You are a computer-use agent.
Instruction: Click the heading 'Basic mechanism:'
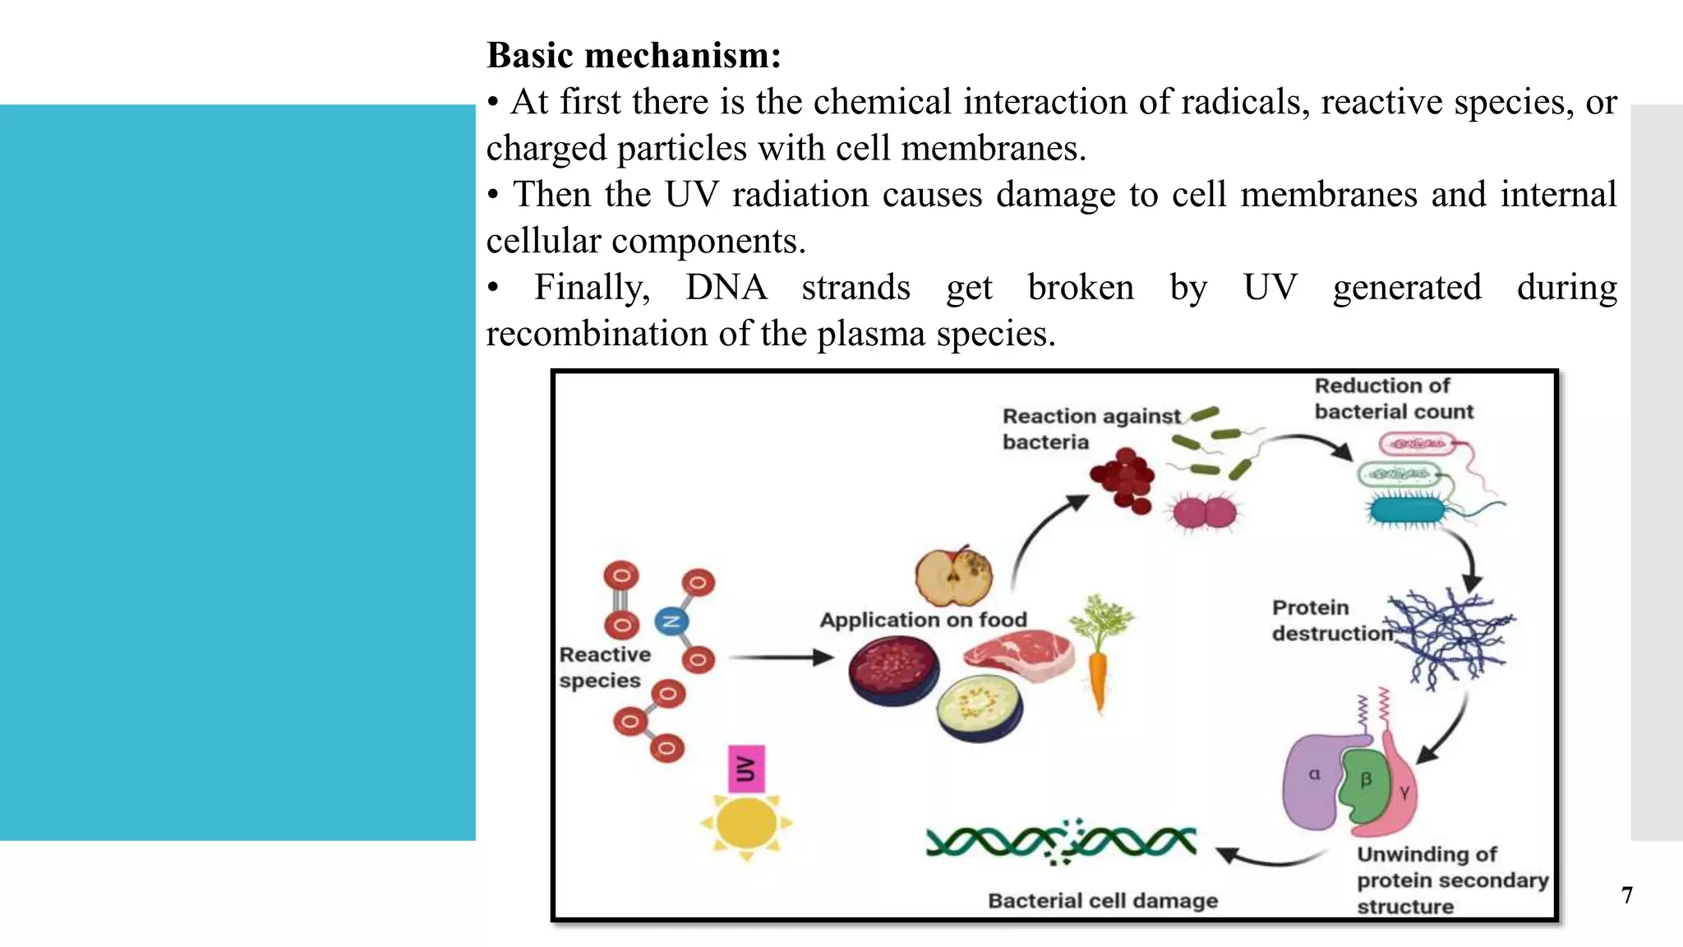[x=634, y=56]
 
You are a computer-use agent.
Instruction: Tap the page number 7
[x=1626, y=895]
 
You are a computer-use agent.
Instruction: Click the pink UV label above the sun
[x=746, y=769]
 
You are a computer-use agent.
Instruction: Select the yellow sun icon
[x=746, y=823]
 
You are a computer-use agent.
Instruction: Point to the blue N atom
[x=671, y=621]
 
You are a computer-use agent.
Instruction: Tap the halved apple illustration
[x=953, y=576]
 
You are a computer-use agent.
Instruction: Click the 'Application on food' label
[x=923, y=620]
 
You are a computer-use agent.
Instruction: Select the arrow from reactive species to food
[x=781, y=658]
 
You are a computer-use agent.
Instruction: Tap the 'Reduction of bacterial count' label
[x=1393, y=399]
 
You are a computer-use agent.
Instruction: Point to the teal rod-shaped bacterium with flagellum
[x=1407, y=510]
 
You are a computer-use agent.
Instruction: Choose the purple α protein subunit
[x=1312, y=781]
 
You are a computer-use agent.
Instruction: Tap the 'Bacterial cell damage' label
[x=1102, y=901]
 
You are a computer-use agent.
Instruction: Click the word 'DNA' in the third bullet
[x=726, y=288]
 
